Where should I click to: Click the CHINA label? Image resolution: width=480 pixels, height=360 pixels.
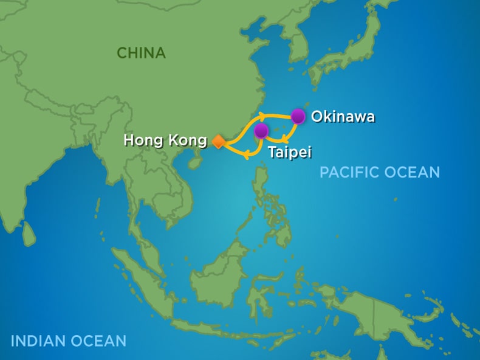click(141, 53)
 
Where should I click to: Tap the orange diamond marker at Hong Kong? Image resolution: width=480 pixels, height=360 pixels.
click(218, 142)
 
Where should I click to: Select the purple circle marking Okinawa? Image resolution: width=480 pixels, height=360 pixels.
click(298, 116)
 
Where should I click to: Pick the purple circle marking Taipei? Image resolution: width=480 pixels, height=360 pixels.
click(261, 131)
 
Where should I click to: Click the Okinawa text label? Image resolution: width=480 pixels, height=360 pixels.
click(343, 117)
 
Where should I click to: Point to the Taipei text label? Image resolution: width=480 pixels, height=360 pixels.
click(289, 152)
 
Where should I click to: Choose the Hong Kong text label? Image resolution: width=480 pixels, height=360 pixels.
click(165, 140)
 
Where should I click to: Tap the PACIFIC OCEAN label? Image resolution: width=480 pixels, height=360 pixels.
click(379, 172)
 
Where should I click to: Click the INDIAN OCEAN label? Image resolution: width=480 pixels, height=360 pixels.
click(68, 341)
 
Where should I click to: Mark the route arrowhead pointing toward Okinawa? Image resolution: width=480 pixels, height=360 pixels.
click(262, 115)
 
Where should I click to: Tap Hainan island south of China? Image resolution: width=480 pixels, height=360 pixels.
click(195, 162)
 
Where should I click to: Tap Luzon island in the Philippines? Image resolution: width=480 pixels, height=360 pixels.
click(262, 182)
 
